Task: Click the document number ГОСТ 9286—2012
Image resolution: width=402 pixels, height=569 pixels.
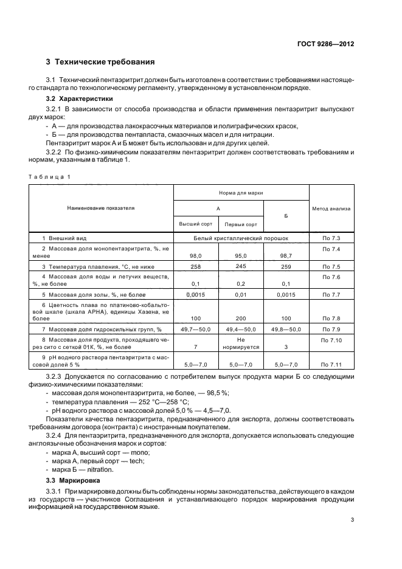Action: [325, 44]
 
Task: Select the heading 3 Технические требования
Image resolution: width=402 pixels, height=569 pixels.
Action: [100, 62]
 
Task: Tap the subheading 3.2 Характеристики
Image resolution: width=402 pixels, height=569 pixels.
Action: [79, 98]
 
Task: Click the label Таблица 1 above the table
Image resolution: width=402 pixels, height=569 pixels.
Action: [49, 176]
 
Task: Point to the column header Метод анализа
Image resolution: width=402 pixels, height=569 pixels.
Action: [331, 208]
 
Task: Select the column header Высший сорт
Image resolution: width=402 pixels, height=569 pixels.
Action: [196, 224]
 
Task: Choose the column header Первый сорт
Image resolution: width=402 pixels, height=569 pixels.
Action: [240, 224]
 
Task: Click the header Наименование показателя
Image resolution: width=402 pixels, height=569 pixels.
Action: [101, 208]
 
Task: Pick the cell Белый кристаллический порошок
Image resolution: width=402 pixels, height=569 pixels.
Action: [241, 239]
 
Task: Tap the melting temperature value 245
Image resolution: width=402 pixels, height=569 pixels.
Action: [240, 266]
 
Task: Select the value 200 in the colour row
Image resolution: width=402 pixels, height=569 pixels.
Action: [240, 319]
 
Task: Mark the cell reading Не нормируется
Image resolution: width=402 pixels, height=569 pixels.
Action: [240, 343]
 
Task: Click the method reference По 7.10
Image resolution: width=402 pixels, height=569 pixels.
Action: [331, 340]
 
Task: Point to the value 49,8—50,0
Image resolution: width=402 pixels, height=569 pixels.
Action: [286, 329]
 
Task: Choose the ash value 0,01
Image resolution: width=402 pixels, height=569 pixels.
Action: [240, 295]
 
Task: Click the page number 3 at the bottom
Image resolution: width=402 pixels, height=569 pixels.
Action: [352, 520]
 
